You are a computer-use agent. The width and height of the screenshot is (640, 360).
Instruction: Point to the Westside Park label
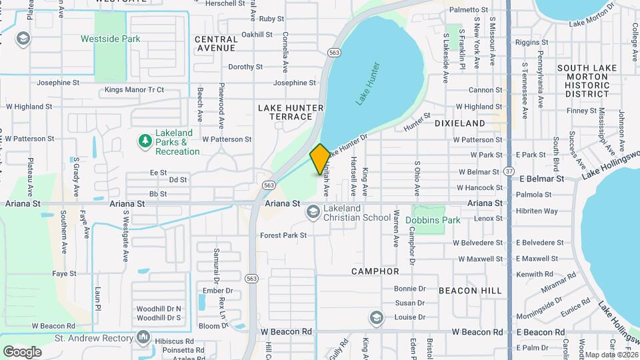point(110,39)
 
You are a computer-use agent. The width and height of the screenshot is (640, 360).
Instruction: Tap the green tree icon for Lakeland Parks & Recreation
point(143,140)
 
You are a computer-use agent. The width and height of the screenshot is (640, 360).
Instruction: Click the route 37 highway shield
point(509,171)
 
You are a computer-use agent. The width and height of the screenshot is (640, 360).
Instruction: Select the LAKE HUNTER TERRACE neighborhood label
point(291,112)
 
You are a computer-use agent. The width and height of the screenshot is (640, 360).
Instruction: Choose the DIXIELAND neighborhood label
point(460,123)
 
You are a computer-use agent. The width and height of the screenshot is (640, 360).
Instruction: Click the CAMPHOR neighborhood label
point(376,271)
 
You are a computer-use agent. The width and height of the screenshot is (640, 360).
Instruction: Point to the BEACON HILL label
point(467,291)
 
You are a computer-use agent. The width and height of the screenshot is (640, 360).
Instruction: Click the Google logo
point(22,351)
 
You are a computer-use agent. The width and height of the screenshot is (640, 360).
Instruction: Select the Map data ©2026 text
point(611,355)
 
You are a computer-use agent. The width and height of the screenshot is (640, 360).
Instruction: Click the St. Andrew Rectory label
point(94,339)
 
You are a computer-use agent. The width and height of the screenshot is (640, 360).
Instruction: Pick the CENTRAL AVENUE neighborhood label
point(215,44)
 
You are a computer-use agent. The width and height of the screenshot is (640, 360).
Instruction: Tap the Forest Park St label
point(283,235)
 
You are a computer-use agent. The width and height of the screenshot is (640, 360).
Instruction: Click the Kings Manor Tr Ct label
point(134,90)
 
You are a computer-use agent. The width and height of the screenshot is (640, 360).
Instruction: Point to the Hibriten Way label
point(537,211)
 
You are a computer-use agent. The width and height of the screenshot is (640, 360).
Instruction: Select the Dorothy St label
point(245,67)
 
